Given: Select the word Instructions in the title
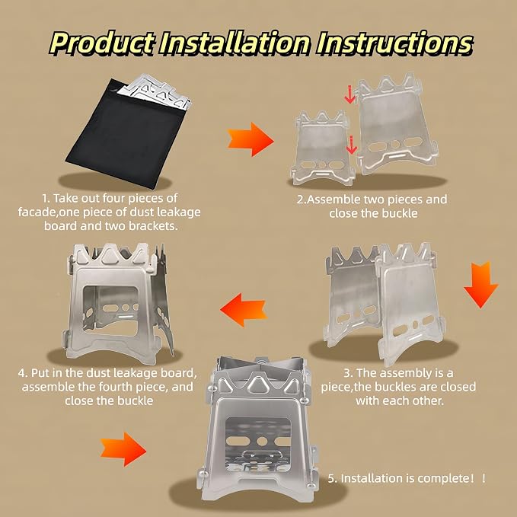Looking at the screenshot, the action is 394,43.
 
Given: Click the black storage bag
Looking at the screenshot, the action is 126,133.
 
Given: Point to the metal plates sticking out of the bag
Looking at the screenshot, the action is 155,91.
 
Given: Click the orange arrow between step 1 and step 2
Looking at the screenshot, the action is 251,139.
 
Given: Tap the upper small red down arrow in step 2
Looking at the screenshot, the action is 349,94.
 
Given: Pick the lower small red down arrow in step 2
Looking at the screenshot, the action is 352,145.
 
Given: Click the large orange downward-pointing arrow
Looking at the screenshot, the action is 481,285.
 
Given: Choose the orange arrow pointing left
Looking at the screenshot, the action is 244,310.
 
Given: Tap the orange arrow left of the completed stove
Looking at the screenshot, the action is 123,449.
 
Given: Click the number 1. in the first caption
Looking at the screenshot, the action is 46,199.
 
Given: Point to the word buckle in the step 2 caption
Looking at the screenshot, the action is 400,213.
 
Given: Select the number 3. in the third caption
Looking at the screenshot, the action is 348,373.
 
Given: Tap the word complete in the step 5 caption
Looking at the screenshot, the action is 441,478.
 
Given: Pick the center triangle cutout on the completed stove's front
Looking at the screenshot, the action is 256,383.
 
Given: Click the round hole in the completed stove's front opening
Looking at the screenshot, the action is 262,441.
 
